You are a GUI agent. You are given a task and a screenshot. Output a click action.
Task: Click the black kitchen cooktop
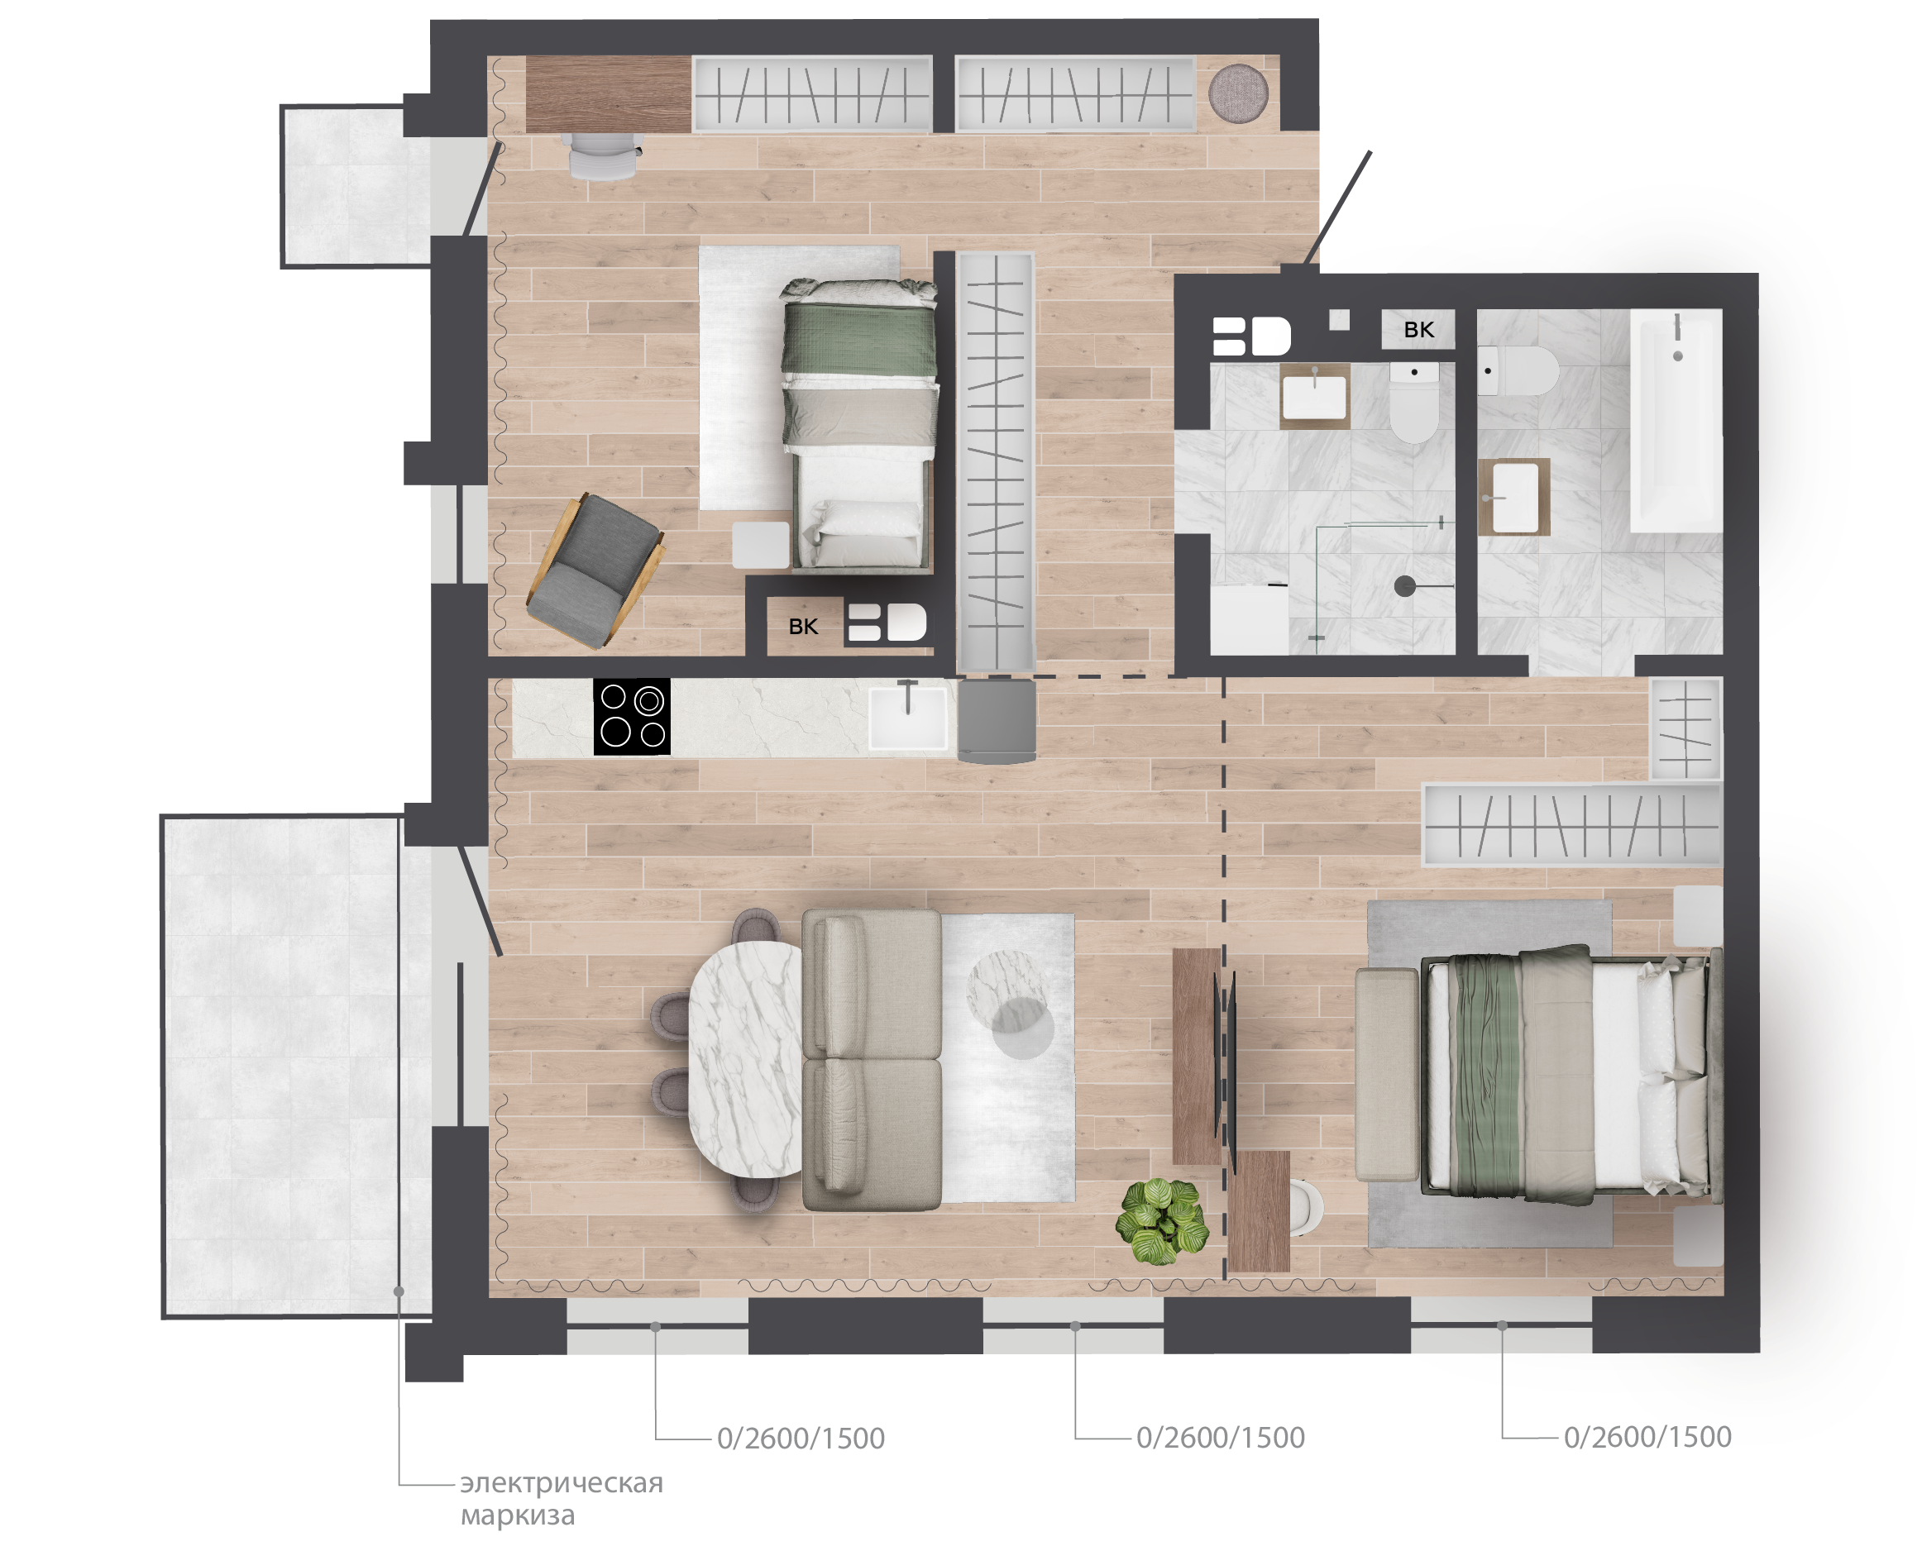(x=632, y=717)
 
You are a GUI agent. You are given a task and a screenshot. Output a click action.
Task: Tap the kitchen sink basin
(x=908, y=717)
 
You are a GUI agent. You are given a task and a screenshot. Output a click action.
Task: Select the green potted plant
(x=1162, y=1220)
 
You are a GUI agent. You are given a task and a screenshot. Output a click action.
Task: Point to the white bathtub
(x=1676, y=420)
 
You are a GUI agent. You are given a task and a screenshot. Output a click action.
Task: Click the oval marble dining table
(x=746, y=1059)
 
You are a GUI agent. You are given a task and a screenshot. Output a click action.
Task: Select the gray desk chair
(x=605, y=155)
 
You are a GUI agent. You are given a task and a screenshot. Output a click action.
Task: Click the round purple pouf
(x=1238, y=92)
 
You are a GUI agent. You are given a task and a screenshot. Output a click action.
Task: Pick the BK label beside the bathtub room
(x=1418, y=330)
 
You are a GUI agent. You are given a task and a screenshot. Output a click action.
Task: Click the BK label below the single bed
(x=803, y=627)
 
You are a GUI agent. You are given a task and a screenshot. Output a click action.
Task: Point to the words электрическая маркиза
(x=562, y=1498)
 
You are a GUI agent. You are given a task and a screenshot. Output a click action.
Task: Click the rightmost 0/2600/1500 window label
(x=1647, y=1437)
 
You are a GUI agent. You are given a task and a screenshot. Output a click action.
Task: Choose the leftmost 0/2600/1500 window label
(x=801, y=1439)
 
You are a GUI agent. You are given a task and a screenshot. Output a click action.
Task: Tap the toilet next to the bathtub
(x=1518, y=370)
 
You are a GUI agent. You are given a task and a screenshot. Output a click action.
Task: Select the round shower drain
(x=1404, y=586)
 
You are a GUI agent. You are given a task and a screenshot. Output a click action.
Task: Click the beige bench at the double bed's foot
(x=1387, y=1075)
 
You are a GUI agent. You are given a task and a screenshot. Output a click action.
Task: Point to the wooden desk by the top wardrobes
(x=609, y=93)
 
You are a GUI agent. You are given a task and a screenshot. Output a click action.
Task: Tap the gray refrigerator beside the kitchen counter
(x=997, y=720)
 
